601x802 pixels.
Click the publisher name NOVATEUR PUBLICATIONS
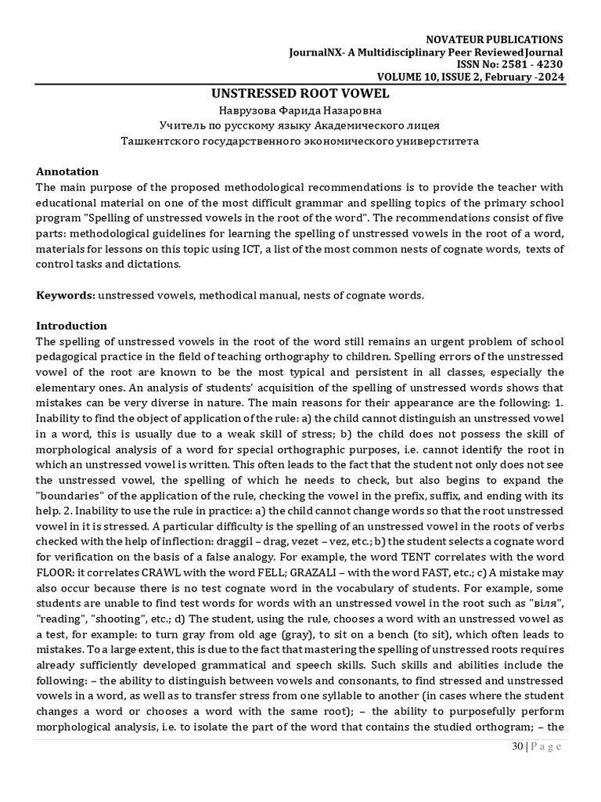493,39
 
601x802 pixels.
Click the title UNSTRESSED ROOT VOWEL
300,93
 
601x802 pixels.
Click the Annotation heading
68,172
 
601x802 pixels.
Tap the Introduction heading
72,325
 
